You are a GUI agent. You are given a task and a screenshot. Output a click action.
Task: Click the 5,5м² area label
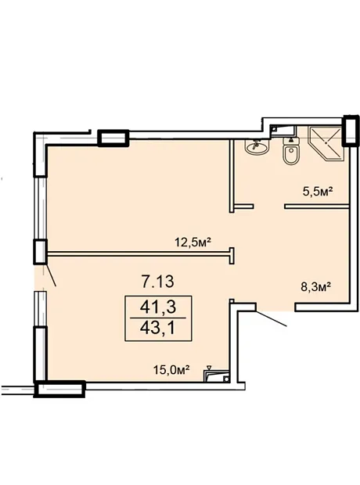317,192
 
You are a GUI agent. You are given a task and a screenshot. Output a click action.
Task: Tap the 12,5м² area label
193,241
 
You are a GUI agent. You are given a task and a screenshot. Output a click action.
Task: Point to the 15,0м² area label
171,369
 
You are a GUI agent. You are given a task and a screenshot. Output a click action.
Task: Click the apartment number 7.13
157,282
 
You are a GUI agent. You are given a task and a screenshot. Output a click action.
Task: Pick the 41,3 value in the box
158,307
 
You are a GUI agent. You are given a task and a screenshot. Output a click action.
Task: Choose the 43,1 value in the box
158,329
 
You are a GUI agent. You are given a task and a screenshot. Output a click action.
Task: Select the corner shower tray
325,144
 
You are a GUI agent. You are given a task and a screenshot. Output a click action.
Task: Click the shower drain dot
326,143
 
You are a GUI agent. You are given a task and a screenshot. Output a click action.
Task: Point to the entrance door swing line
271,318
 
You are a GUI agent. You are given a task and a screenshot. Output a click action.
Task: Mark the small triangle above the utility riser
210,368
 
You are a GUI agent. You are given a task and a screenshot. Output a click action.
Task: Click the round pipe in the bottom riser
226,379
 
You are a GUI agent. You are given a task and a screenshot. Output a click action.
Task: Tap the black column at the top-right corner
351,130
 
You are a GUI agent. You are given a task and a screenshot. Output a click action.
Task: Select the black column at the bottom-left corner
59,389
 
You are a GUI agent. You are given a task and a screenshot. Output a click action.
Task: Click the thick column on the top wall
113,138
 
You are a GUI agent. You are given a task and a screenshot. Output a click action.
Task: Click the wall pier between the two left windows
40,251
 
